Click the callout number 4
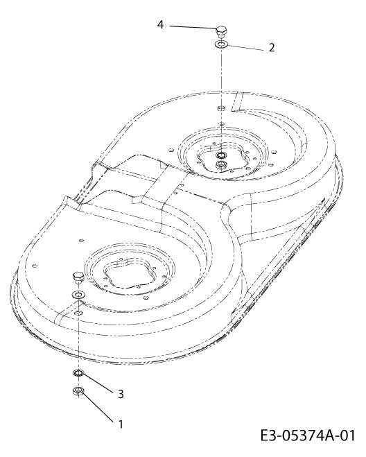[x=160, y=25]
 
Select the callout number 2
[x=272, y=48]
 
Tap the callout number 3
[x=121, y=394]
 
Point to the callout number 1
[x=121, y=424]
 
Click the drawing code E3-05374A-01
[x=308, y=436]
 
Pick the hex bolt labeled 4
[x=221, y=31]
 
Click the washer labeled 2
[x=221, y=44]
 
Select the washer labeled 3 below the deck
[x=78, y=372]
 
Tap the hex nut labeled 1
[x=78, y=391]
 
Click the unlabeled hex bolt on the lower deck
[x=78, y=277]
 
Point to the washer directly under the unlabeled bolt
[x=78, y=294]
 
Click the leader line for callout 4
[x=193, y=27]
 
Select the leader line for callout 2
[x=245, y=48]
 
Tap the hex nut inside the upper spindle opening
[x=221, y=164]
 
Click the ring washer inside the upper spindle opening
[x=221, y=154]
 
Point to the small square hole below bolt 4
[x=221, y=108]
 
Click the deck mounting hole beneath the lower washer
[x=78, y=313]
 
